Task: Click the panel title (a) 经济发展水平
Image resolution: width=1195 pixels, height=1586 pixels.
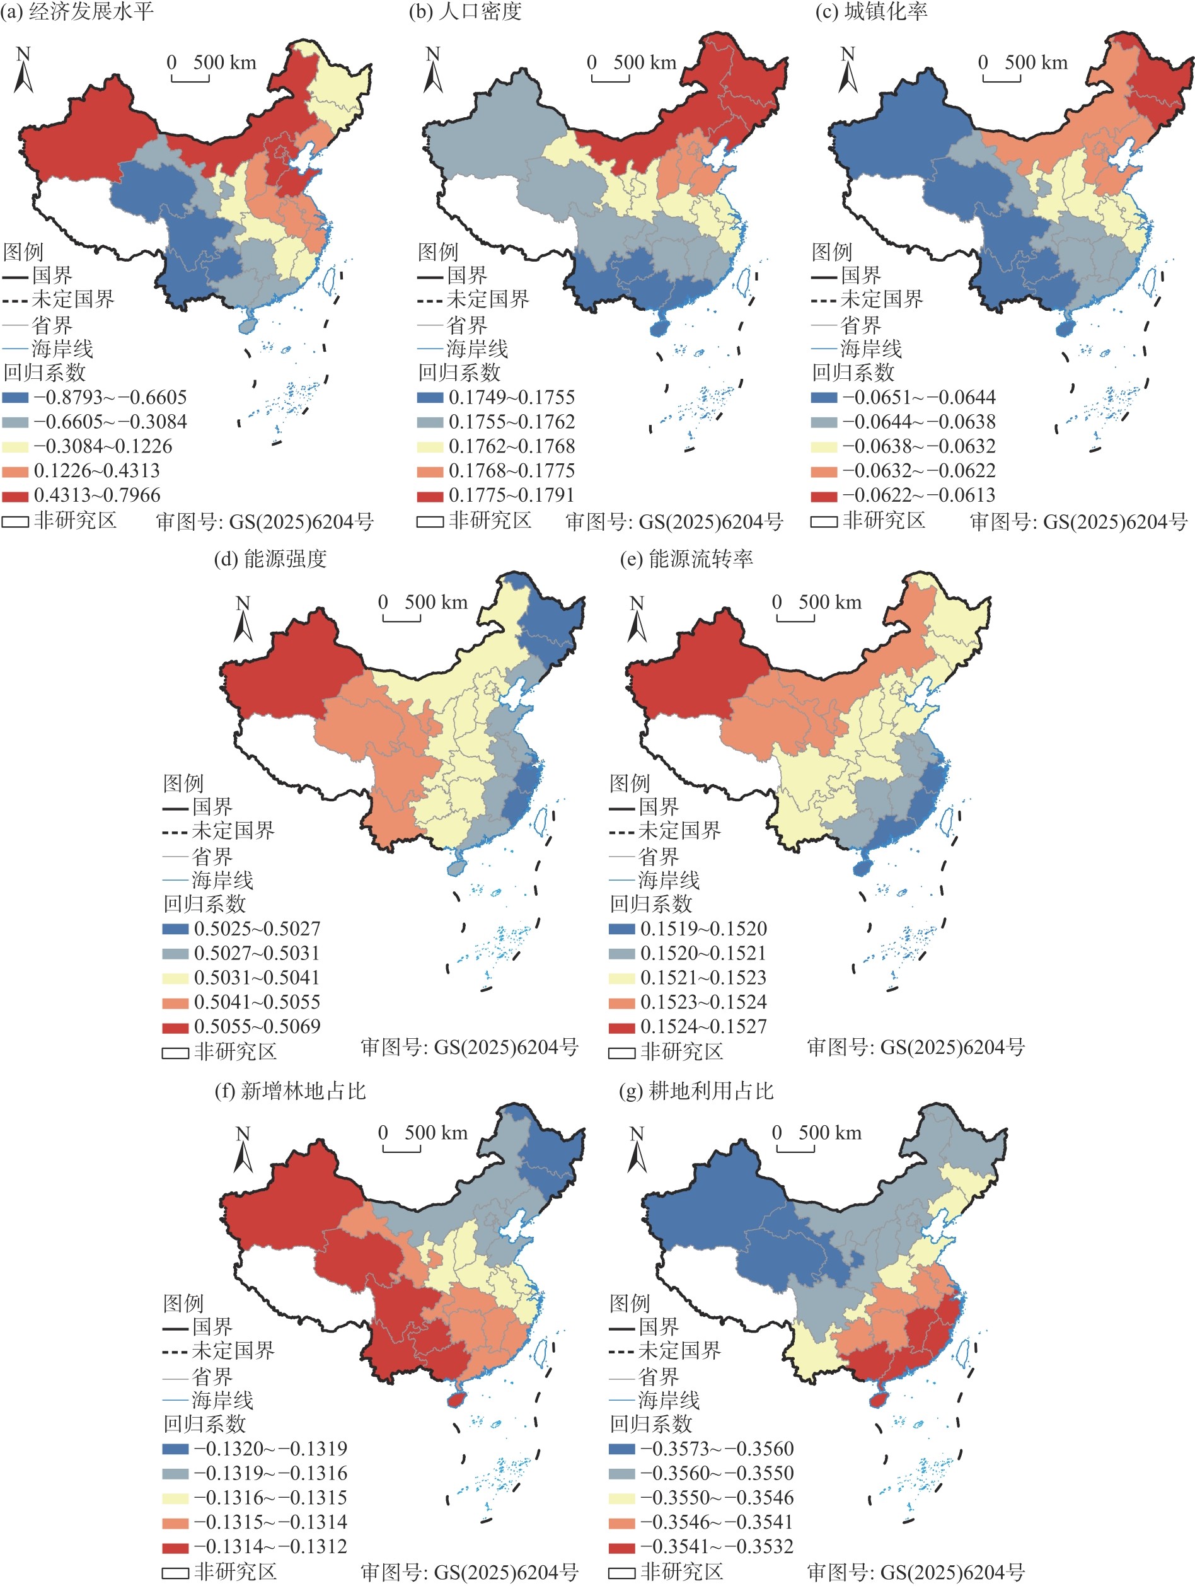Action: [x=77, y=11]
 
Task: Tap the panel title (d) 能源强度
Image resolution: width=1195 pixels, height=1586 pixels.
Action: [x=270, y=559]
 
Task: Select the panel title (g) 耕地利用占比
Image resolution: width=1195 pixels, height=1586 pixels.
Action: [x=696, y=1091]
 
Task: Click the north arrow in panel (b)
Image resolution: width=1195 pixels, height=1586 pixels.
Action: [x=433, y=69]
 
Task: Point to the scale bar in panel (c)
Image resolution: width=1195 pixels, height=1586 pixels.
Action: [x=1002, y=76]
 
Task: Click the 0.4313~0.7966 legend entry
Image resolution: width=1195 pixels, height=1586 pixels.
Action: [x=82, y=495]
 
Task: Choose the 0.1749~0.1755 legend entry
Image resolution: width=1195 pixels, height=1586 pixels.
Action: [x=496, y=397]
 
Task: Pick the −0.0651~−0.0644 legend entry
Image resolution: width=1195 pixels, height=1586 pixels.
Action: [x=903, y=397]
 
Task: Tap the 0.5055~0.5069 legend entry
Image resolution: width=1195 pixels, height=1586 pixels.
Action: [x=241, y=1026]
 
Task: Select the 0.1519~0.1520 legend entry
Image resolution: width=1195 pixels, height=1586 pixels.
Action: [x=688, y=929]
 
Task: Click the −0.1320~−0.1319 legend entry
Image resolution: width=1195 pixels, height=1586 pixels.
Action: [x=255, y=1449]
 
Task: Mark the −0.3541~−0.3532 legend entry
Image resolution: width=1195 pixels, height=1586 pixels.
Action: [x=701, y=1546]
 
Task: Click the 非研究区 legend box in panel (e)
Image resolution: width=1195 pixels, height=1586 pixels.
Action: [x=621, y=1053]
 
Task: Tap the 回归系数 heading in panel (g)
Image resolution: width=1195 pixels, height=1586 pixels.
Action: [x=651, y=1423]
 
